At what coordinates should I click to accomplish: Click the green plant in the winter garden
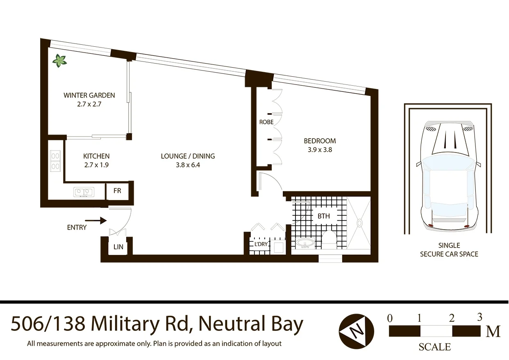pyautogui.click(x=59, y=61)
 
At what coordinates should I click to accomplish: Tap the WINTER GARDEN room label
pyautogui.click(x=89, y=95)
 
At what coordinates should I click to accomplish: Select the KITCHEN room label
pyautogui.click(x=96, y=156)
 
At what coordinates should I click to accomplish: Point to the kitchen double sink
pyautogui.click(x=84, y=191)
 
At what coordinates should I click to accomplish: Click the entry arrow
pyautogui.click(x=98, y=221)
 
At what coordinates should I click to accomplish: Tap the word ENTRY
pyautogui.click(x=77, y=227)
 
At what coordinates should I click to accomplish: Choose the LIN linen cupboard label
pyautogui.click(x=118, y=247)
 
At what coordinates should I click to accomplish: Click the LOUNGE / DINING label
pyautogui.click(x=188, y=156)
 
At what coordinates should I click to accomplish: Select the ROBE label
pyautogui.click(x=266, y=122)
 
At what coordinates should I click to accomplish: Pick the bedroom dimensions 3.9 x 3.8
pyautogui.click(x=320, y=150)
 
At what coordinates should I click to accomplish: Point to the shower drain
pyautogui.click(x=359, y=223)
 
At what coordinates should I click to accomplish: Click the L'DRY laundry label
pyautogui.click(x=261, y=244)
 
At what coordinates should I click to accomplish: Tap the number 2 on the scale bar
pyautogui.click(x=451, y=318)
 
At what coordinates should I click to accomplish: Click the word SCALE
pyautogui.click(x=434, y=347)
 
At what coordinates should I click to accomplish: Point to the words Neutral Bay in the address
pyautogui.click(x=251, y=324)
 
